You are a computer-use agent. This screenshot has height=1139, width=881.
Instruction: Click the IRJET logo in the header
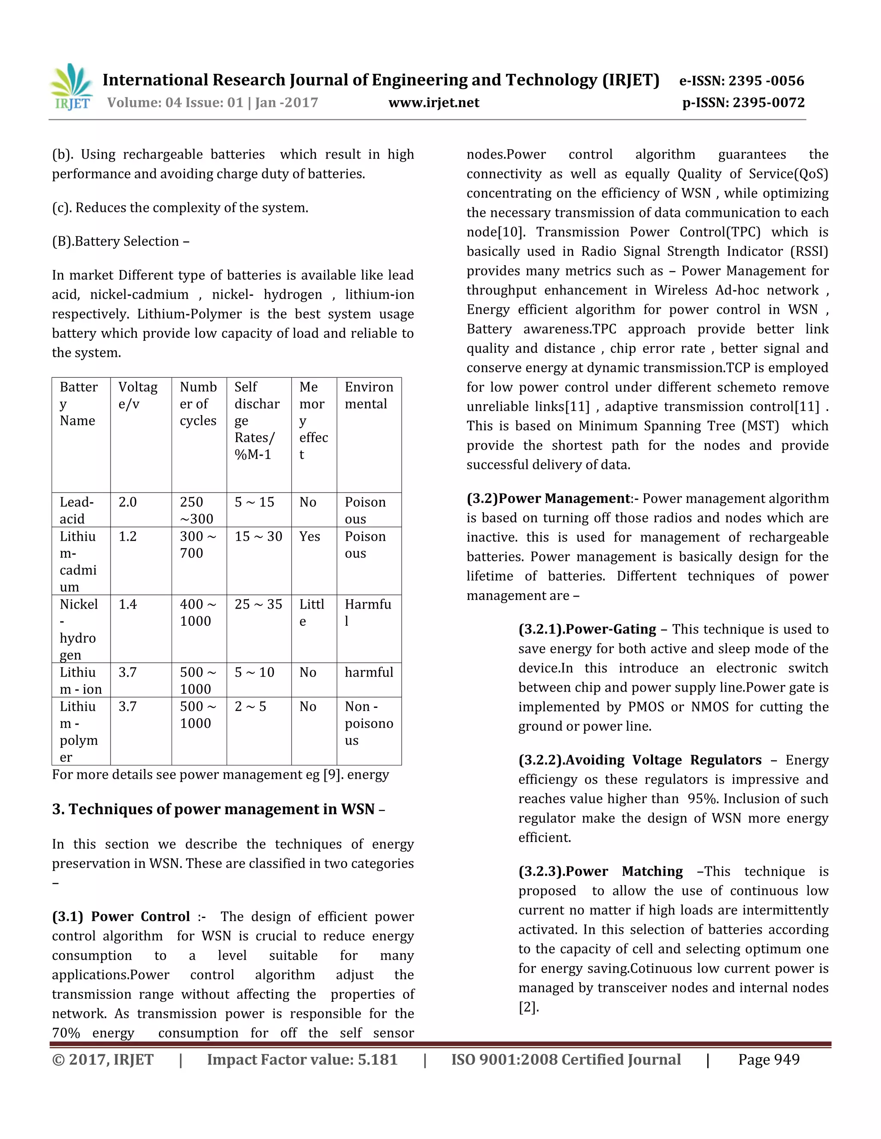[71, 88]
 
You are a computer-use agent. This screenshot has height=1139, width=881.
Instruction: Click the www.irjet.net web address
[434, 102]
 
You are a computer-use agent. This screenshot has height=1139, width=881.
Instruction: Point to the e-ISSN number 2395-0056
[742, 81]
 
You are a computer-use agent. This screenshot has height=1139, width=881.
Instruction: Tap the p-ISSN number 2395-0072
[743, 102]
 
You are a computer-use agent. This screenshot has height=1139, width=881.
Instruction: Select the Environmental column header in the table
[369, 395]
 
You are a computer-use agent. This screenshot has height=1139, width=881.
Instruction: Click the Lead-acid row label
[76, 510]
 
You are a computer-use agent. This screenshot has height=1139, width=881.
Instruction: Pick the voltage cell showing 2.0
[127, 502]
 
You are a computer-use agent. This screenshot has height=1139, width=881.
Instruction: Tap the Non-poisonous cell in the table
[369, 723]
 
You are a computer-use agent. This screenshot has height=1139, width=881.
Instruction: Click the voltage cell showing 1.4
[127, 604]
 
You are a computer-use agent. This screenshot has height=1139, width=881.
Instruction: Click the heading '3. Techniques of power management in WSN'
[218, 809]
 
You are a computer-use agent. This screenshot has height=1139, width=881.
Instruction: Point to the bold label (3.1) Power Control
[120, 916]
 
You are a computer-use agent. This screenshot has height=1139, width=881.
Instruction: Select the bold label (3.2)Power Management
[548, 498]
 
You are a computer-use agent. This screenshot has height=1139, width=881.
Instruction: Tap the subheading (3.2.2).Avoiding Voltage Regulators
[639, 760]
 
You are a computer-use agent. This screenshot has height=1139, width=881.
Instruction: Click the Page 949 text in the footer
[768, 1060]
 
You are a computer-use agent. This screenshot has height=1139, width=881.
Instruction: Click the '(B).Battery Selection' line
[120, 241]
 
